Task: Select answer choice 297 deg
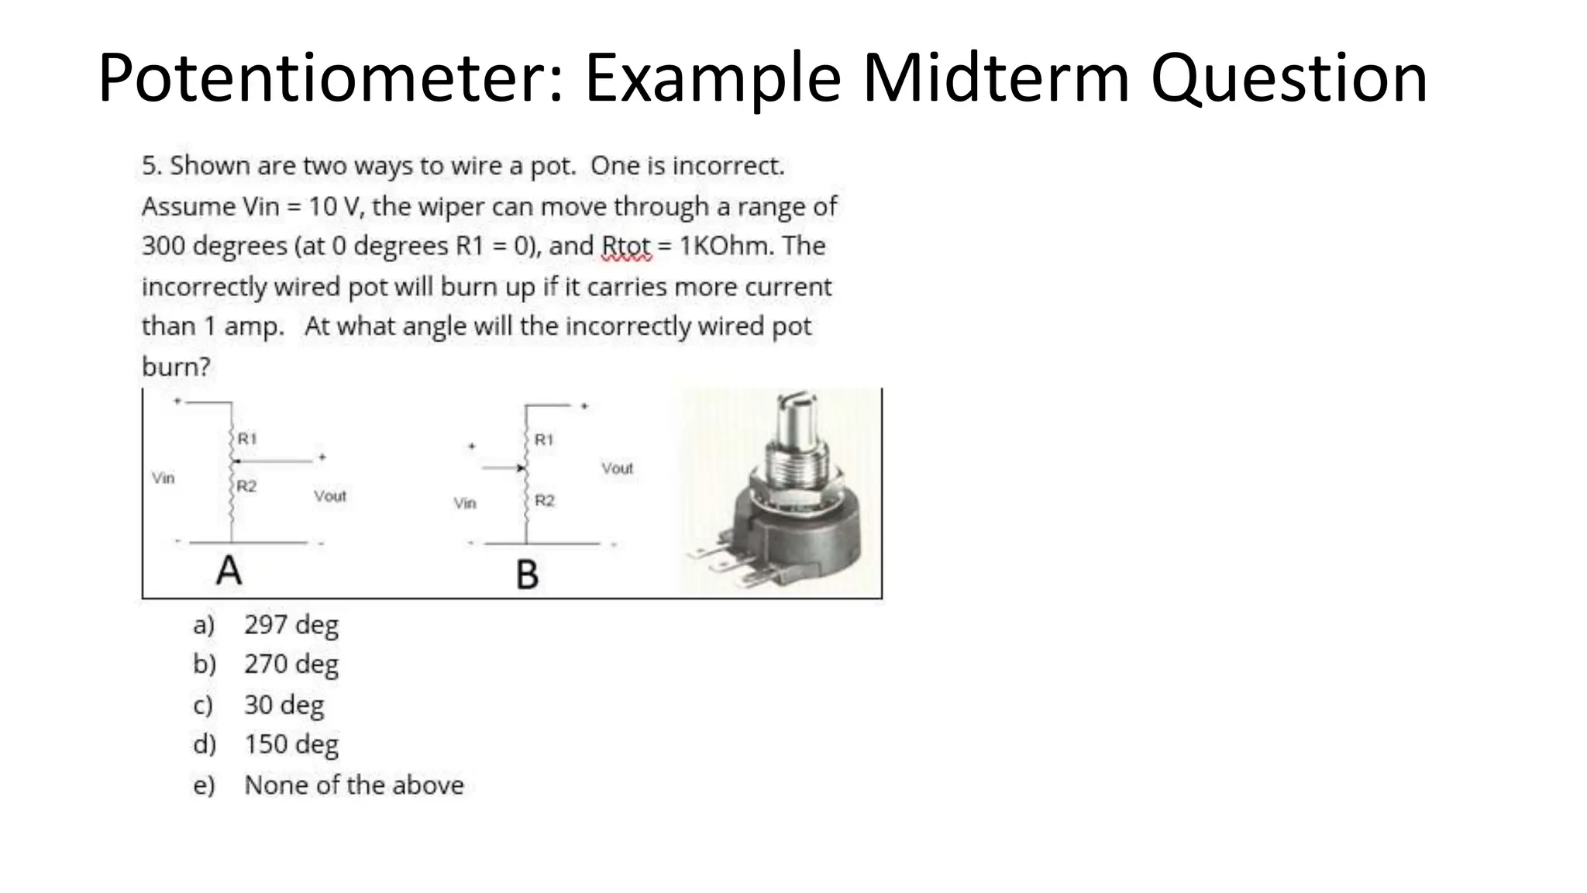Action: pyautogui.click(x=291, y=625)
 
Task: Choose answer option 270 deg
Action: pyautogui.click(x=291, y=664)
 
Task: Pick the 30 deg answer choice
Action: pyautogui.click(x=284, y=705)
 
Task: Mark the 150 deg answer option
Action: pyautogui.click(x=291, y=744)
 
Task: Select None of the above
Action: pyautogui.click(x=353, y=785)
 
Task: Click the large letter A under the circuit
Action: pyautogui.click(x=229, y=571)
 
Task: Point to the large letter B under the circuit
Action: pyautogui.click(x=527, y=575)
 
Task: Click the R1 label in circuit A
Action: pyautogui.click(x=247, y=439)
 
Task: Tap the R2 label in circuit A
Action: pyautogui.click(x=246, y=487)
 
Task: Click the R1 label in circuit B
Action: pyautogui.click(x=544, y=440)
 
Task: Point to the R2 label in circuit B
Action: pyautogui.click(x=545, y=501)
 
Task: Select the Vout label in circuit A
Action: pyautogui.click(x=330, y=496)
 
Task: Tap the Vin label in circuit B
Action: pyautogui.click(x=465, y=504)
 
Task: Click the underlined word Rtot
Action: pyautogui.click(x=626, y=247)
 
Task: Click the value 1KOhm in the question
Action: pyautogui.click(x=726, y=247)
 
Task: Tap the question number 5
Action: pyautogui.click(x=150, y=166)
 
